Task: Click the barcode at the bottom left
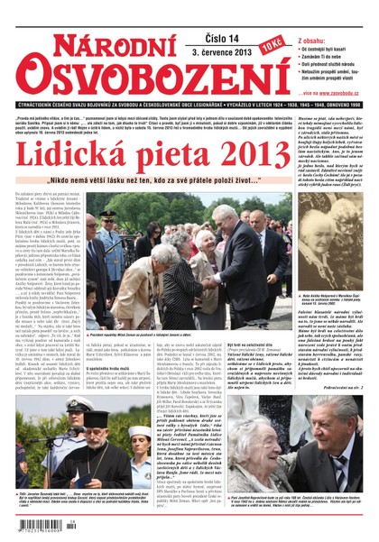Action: [x=38, y=525]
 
